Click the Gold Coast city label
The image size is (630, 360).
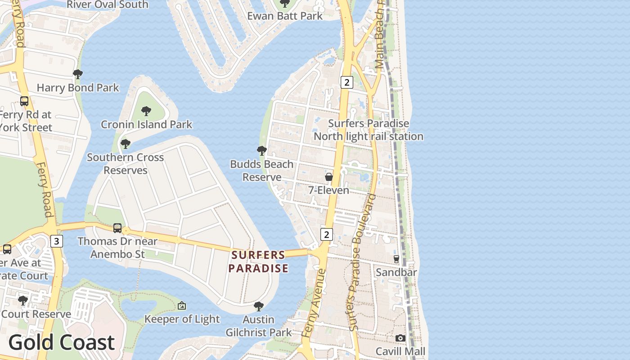coord(62,342)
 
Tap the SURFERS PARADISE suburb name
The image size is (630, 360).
coord(258,261)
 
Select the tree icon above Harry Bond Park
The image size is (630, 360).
coord(78,74)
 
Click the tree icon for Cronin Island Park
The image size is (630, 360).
coord(146,111)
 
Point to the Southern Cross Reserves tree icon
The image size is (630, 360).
coord(126,144)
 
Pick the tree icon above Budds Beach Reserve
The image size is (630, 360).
coord(261,150)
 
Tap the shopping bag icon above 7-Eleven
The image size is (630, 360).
coord(329,177)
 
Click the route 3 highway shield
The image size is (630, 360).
coord(56,241)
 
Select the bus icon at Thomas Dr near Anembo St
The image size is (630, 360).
coord(117,228)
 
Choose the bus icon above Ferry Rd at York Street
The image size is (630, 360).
coord(24,101)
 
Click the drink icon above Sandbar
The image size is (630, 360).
coord(396,259)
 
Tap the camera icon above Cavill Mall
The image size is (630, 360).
coord(400,338)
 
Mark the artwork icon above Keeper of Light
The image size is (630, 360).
coord(182,306)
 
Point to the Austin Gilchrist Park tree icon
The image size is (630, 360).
coord(258,306)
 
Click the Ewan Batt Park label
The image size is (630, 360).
coord(285,16)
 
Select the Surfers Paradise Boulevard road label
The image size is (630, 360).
coord(361,261)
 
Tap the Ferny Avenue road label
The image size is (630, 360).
coord(313,304)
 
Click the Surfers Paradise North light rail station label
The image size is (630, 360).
coord(369,130)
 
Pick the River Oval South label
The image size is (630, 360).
coord(107,4)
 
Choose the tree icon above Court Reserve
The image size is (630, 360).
coord(23,300)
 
